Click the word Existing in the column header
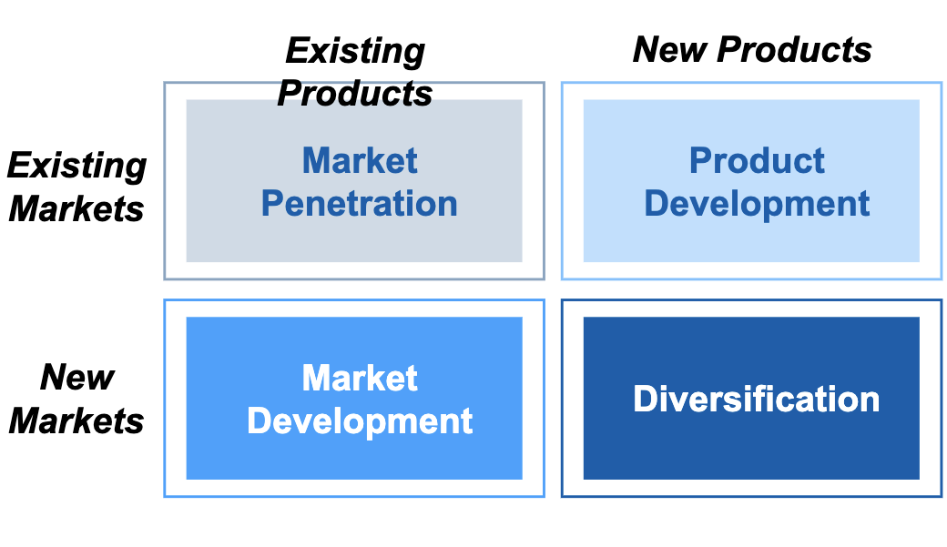click(x=355, y=52)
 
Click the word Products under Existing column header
click(x=355, y=94)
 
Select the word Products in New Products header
click(x=794, y=49)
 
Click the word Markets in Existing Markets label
click(x=76, y=209)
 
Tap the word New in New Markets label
click(x=77, y=378)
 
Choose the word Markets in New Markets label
click(x=76, y=420)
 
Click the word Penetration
click(x=360, y=203)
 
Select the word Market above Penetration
click(x=360, y=160)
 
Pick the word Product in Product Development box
click(x=757, y=160)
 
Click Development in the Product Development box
click(x=757, y=204)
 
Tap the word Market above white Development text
click(x=360, y=378)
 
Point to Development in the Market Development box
click(x=360, y=421)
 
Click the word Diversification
click(x=756, y=399)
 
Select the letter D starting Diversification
click(x=645, y=399)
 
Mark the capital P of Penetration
click(x=272, y=203)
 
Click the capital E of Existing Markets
click(x=21, y=165)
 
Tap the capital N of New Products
click(x=647, y=49)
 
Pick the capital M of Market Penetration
click(x=317, y=160)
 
